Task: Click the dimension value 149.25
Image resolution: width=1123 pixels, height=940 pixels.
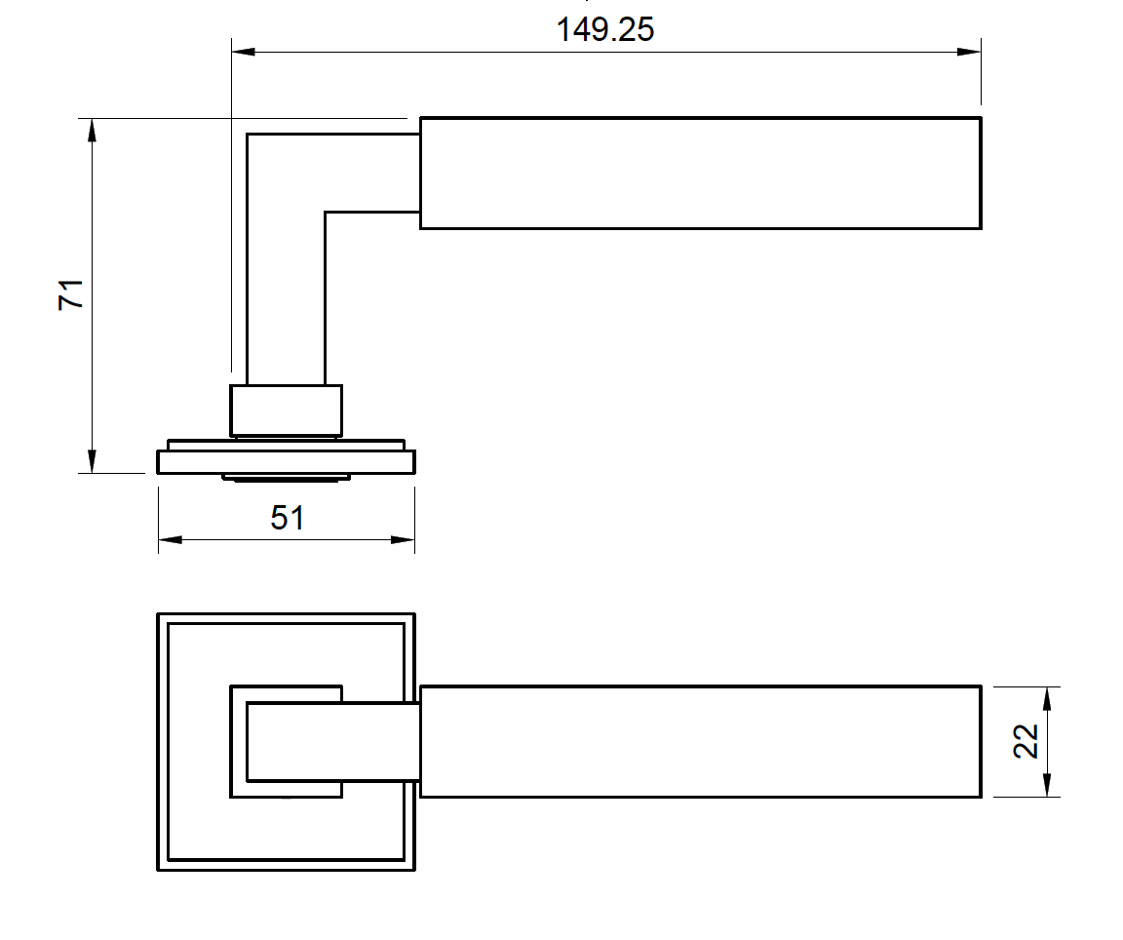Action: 604,29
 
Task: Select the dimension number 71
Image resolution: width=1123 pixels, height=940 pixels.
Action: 72,294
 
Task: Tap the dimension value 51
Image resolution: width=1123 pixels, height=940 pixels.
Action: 288,517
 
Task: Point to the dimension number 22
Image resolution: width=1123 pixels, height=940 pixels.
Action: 1026,742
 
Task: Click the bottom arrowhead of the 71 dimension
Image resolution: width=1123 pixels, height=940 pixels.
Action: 93,462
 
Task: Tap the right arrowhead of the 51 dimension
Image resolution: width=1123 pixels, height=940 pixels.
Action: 404,539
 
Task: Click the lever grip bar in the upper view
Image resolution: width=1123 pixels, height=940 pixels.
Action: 700,174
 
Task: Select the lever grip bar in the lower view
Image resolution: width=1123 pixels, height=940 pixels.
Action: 700,742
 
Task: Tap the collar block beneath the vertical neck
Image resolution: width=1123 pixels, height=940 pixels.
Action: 286,411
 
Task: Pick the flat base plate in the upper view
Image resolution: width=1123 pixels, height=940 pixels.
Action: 286,461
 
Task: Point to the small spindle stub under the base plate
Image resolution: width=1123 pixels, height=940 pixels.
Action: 286,477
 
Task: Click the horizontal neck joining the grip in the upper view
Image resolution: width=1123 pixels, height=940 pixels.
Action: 370,173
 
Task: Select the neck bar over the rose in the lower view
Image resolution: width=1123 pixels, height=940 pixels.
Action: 331,742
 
